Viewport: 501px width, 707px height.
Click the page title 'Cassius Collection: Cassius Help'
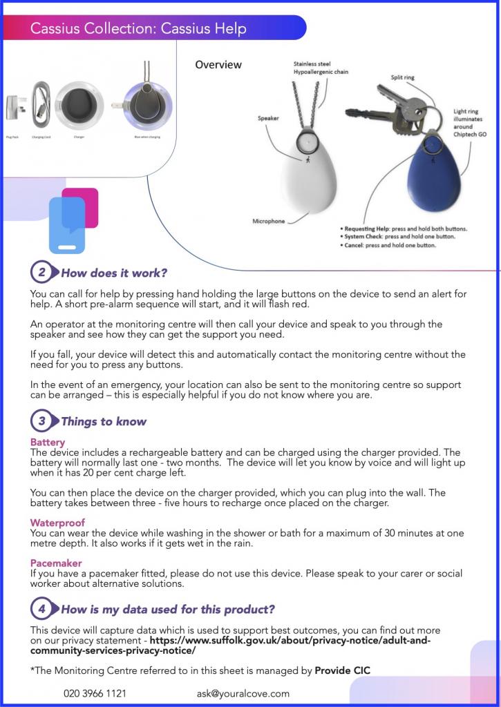[x=138, y=28]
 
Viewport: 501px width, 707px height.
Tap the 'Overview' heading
[x=218, y=65]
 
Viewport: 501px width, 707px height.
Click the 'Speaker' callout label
[x=268, y=118]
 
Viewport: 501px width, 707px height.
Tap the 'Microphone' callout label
[x=269, y=222]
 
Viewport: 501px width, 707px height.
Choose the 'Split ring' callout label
[x=402, y=78]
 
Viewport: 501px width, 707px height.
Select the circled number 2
[x=41, y=273]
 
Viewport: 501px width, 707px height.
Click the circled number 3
[x=41, y=421]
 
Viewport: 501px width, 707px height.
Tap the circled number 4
[x=41, y=610]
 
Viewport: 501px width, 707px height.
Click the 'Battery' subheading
[x=48, y=442]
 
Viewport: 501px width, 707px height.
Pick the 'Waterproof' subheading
[x=57, y=523]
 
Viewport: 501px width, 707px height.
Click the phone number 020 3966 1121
[x=95, y=693]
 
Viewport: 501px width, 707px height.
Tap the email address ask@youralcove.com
[x=243, y=693]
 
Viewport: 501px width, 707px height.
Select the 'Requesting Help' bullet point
[x=404, y=228]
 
